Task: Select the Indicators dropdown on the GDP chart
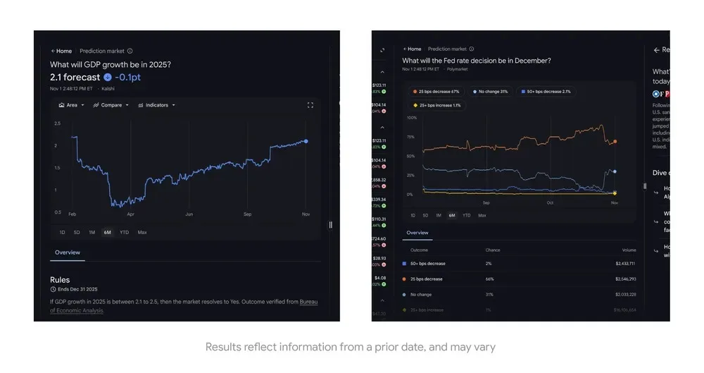click(156, 105)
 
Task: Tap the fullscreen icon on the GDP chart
click(310, 105)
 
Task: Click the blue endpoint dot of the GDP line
click(306, 141)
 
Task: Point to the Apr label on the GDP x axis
click(130, 214)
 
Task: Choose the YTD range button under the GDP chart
click(124, 232)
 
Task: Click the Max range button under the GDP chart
click(142, 232)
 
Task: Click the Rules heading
click(60, 280)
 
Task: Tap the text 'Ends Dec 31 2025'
click(77, 290)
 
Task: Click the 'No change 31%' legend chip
click(491, 92)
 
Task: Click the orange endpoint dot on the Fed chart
click(615, 142)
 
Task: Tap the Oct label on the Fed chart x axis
click(550, 203)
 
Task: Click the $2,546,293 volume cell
click(624, 279)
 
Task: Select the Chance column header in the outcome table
click(493, 250)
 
